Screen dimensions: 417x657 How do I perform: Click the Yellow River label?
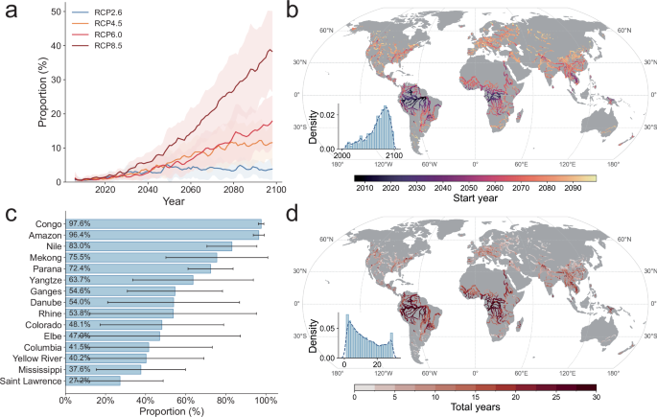click(x=35, y=357)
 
